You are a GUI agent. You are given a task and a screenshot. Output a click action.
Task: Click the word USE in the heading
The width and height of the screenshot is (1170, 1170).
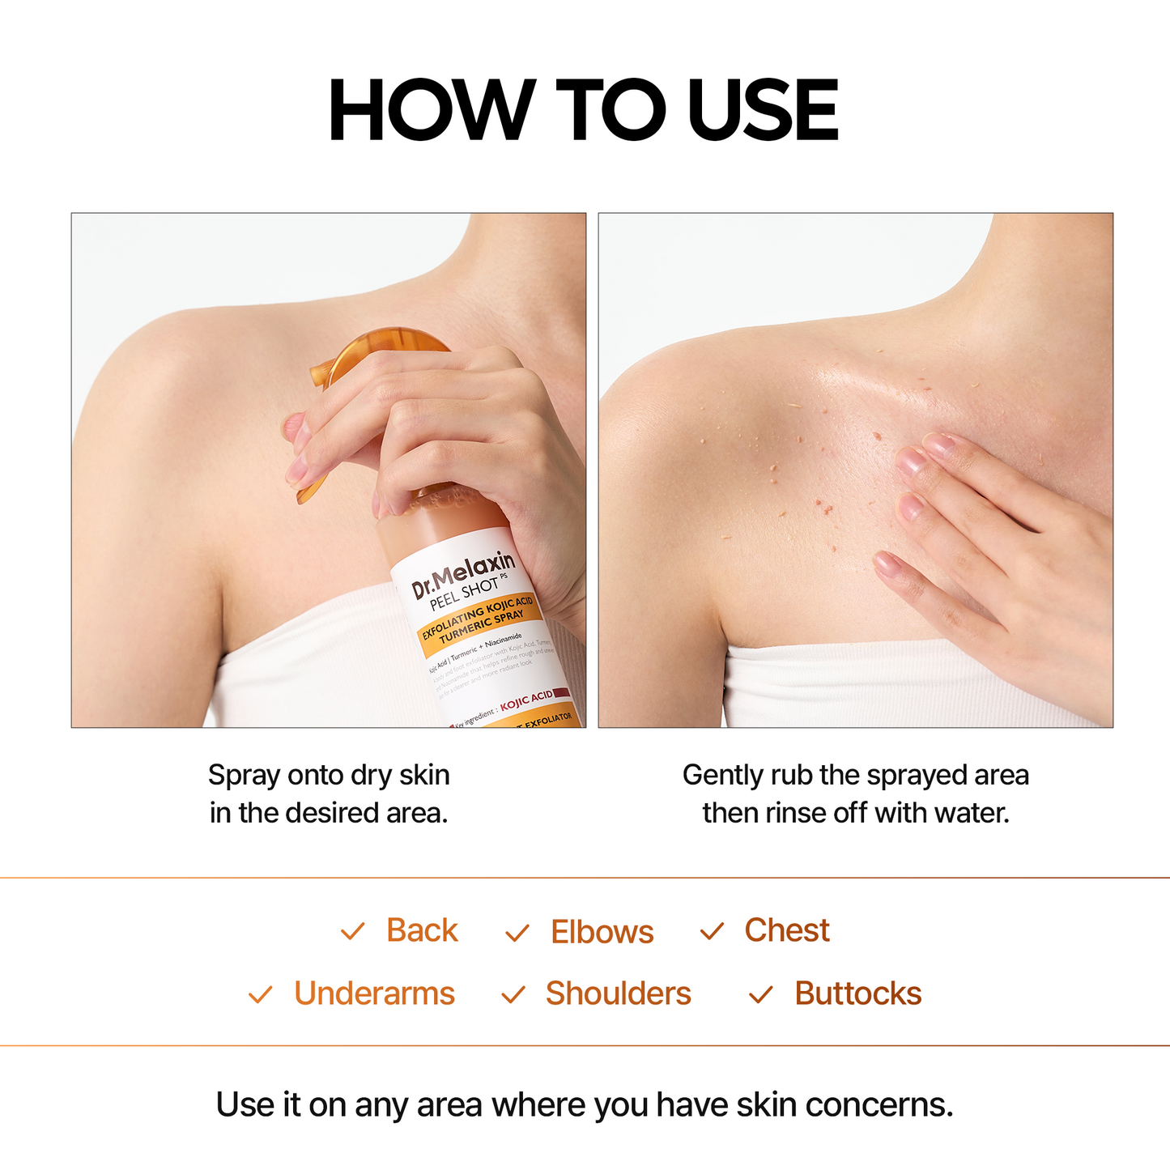(x=762, y=111)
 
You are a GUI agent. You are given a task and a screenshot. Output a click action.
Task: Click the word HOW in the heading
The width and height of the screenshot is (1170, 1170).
(x=431, y=111)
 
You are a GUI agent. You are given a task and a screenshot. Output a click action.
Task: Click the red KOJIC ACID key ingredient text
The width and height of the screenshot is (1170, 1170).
(x=526, y=700)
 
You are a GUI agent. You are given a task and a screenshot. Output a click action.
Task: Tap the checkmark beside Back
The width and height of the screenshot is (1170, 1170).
(x=353, y=932)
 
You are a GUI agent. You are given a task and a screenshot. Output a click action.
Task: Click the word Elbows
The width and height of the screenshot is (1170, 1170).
(x=602, y=932)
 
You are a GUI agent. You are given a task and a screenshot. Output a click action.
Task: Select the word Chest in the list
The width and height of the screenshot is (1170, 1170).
(x=786, y=930)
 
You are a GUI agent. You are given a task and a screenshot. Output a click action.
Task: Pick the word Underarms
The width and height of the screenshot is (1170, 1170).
(x=374, y=993)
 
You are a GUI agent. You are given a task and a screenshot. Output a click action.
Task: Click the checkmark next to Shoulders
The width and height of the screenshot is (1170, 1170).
(x=513, y=994)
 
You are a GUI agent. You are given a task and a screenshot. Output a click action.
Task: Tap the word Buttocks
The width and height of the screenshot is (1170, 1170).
(x=857, y=993)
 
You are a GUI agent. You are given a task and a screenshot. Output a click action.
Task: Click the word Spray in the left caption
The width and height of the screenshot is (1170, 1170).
(x=244, y=776)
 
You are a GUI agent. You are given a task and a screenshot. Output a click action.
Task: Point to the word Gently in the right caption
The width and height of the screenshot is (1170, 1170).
(x=723, y=775)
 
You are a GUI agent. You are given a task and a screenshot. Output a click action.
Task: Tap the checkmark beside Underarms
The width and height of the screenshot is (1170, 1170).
(x=260, y=994)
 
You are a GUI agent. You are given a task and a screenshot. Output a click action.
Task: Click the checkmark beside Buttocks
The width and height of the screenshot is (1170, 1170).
(x=761, y=994)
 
